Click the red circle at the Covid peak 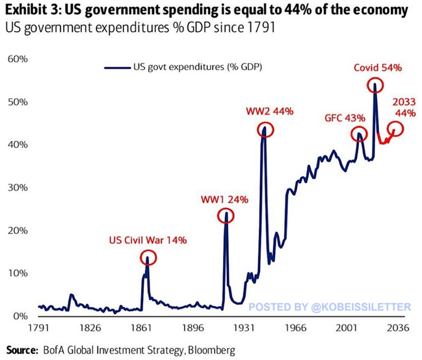[375, 84]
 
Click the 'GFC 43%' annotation [346, 118]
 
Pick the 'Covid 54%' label [378, 67]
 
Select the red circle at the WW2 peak [264, 129]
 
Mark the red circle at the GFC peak [358, 135]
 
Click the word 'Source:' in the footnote [22, 350]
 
